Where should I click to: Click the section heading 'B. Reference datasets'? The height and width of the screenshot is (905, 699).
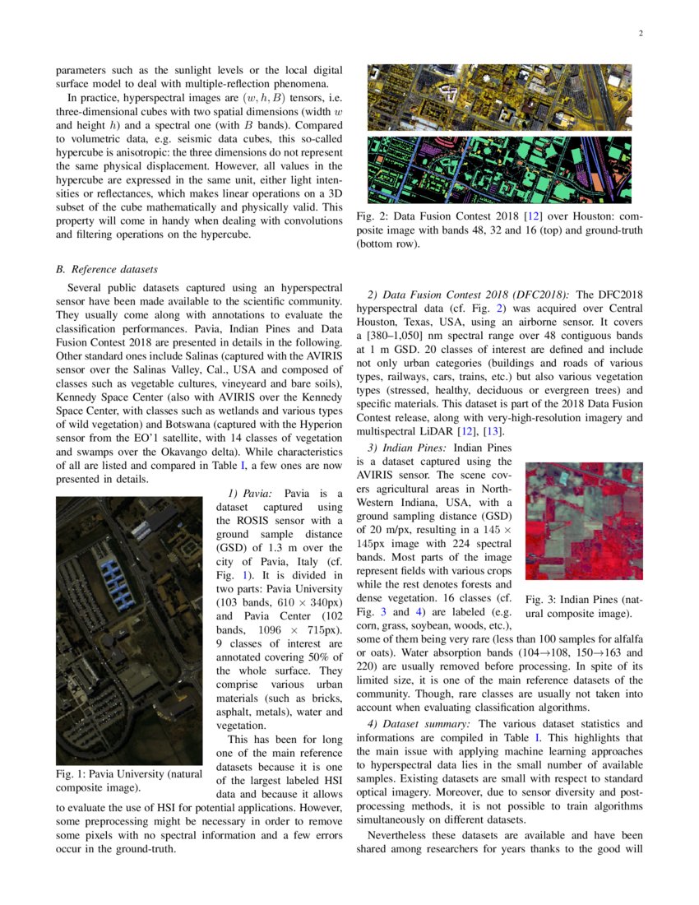point(106,269)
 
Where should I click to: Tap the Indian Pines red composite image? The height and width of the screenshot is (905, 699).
point(584,520)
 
